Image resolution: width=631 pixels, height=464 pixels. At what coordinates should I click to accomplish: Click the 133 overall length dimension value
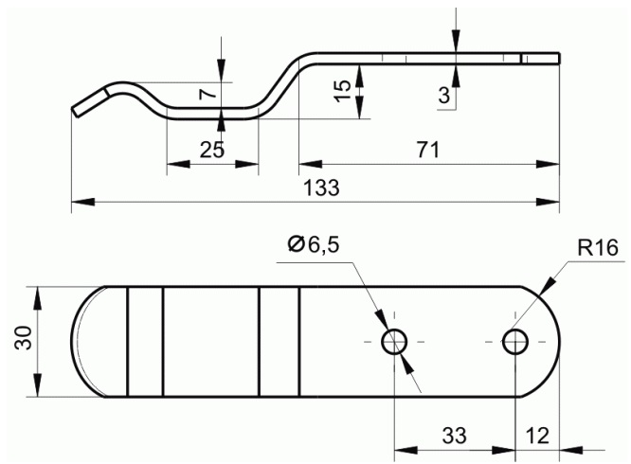pos(321,187)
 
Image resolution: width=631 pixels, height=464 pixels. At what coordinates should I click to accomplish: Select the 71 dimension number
pos(428,150)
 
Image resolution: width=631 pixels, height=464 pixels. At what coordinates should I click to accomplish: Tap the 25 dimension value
pos(212,150)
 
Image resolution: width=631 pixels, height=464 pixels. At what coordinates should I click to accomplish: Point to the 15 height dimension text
pos(343,91)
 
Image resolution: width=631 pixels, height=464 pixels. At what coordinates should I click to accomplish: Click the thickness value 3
pos(443,96)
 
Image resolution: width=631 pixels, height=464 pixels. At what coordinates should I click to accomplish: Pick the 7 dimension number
pos(208,94)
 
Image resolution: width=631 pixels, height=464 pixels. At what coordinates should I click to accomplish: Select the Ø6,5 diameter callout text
pos(314,245)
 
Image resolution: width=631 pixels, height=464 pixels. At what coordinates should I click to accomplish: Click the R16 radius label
pos(598,248)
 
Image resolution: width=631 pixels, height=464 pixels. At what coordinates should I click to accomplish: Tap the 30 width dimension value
pos(24,338)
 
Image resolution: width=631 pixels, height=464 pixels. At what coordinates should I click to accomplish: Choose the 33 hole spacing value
pos(455,435)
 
